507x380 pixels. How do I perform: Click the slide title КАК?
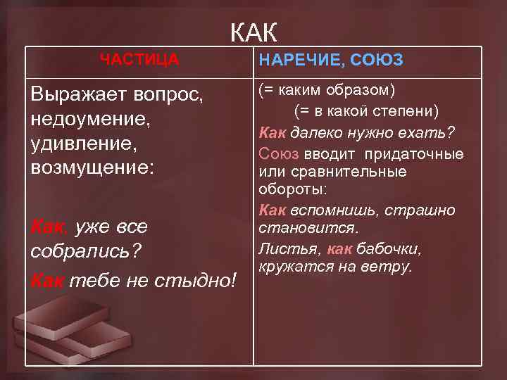tap(254, 32)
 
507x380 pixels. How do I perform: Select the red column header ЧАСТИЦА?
tap(139, 60)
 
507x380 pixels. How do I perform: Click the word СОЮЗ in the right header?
tap(379, 61)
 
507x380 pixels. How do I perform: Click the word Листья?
tap(281, 248)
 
